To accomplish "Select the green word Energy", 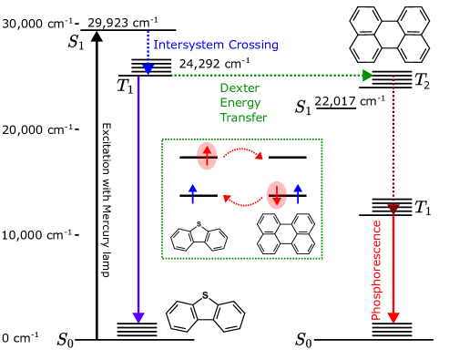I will [239, 103].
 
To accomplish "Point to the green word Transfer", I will [243, 118].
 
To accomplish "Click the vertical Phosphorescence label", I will [376, 269].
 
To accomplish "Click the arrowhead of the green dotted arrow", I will [368, 75].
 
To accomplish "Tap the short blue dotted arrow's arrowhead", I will [148, 67].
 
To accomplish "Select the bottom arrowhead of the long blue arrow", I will [138, 316].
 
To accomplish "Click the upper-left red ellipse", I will [207, 156].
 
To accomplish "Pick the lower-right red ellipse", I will [276, 195].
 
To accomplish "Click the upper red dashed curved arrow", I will [243, 151].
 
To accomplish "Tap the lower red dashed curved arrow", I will [242, 201].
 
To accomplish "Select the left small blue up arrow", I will [192, 193].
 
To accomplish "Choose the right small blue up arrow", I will [297, 193].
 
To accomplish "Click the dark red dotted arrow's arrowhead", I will [393, 210].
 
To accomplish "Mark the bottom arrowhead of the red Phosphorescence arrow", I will [393, 317].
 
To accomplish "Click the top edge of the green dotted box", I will [242, 139].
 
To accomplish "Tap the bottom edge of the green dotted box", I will [242, 258].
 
